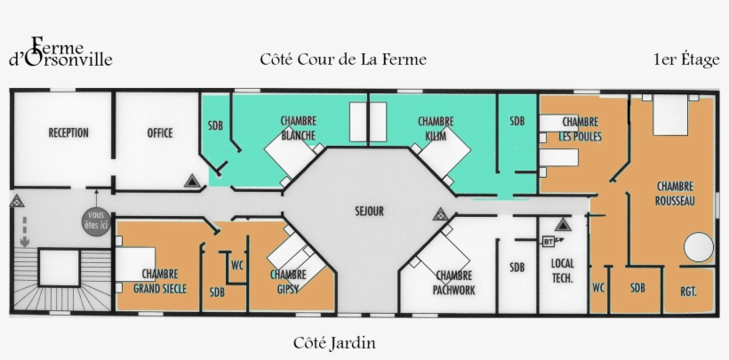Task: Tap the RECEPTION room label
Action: (68, 133)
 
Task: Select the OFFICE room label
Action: (160, 133)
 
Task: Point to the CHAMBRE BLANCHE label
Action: (298, 128)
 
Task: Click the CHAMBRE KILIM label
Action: (436, 128)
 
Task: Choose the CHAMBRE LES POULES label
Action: (578, 128)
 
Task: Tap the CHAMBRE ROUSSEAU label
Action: (675, 194)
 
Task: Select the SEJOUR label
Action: (368, 212)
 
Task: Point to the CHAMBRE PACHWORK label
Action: (454, 282)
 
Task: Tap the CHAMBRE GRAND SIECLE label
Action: (158, 282)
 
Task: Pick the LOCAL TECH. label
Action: (562, 270)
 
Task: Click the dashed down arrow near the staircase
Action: (25, 230)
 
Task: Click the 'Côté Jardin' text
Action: (334, 342)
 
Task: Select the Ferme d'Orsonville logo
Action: (60, 53)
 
